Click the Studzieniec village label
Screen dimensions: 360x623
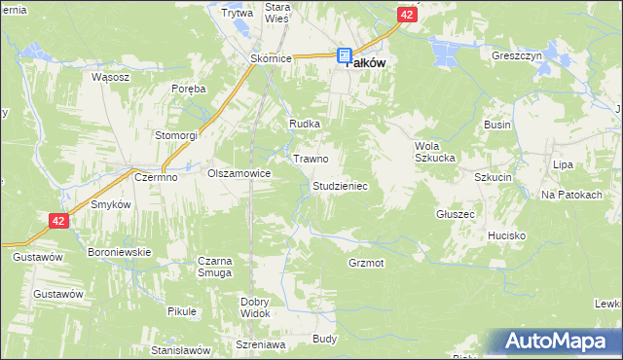(x=340, y=185)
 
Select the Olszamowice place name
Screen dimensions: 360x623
(x=238, y=172)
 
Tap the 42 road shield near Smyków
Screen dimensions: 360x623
(x=58, y=222)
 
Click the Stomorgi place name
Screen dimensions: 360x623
(x=176, y=134)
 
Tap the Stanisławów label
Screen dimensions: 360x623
(x=181, y=348)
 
